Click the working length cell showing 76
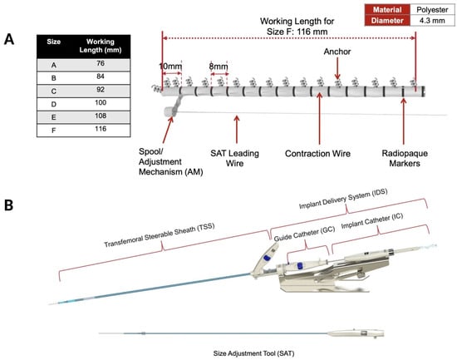pos(101,63)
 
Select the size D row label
pos(54,105)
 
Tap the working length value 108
pos(101,116)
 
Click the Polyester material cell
pos(432,10)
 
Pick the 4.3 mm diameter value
pos(432,21)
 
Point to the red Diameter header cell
pos(387,21)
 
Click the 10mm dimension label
pos(170,67)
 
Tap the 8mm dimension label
pos(219,67)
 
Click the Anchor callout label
pos(337,52)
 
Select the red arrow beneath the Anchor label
pos(337,68)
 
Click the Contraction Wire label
pos(317,154)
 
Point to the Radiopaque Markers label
pos(405,159)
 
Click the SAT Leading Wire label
pos(234,159)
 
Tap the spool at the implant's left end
pos(170,111)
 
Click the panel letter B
pos(9,205)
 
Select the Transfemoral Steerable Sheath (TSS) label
pos(160,235)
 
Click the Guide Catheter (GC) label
pos(304,234)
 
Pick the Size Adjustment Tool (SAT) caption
pos(253,353)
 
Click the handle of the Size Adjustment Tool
pos(356,333)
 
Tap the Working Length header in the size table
pos(101,46)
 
